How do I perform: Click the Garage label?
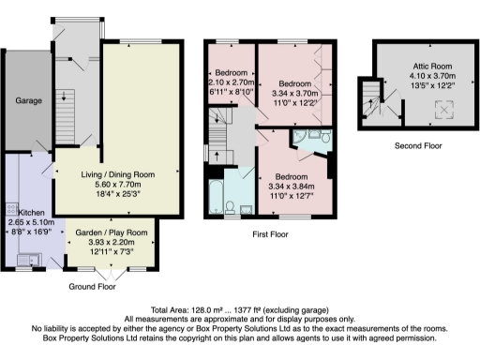pyautogui.click(x=27, y=99)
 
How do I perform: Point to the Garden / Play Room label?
pyautogui.click(x=112, y=232)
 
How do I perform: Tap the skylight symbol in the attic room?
pyautogui.click(x=438, y=110)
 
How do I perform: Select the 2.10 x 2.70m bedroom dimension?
pyautogui.click(x=230, y=82)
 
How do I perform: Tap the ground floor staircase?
pyautogui.click(x=67, y=99)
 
